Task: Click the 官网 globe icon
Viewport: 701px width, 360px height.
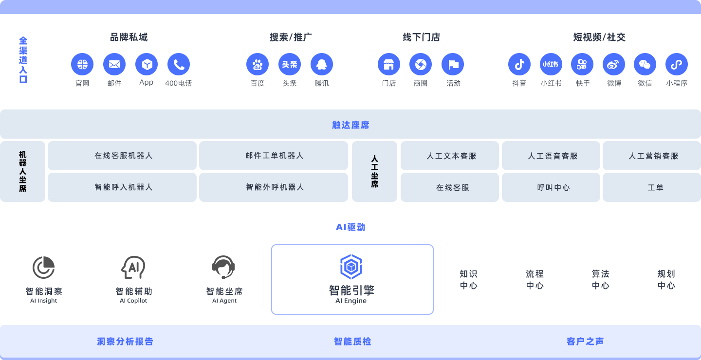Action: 82,64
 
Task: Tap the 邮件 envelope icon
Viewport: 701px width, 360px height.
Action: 114,64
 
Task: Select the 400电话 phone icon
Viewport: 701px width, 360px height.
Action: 179,64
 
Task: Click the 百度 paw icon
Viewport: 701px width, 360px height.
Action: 258,64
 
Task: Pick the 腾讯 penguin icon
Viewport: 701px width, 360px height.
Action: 322,64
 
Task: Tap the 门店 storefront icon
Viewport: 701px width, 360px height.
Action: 389,64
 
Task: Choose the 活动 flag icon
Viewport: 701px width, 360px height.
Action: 453,64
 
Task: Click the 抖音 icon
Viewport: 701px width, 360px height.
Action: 519,64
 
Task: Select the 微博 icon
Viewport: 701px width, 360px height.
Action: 614,64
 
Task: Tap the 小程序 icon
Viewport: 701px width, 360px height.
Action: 677,64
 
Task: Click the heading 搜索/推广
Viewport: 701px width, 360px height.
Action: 291,37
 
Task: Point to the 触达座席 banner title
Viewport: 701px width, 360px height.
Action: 350,125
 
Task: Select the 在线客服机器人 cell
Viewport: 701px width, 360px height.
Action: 123,156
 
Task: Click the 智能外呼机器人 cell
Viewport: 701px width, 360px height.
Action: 275,187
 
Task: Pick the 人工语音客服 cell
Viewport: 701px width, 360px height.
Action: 553,156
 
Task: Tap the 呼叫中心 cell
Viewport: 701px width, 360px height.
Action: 553,187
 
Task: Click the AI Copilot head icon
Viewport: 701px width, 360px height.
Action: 133,267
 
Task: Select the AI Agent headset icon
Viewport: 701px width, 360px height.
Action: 223,267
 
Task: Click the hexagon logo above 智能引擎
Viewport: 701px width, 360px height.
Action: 351,267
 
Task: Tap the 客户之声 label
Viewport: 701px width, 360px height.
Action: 585,342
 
